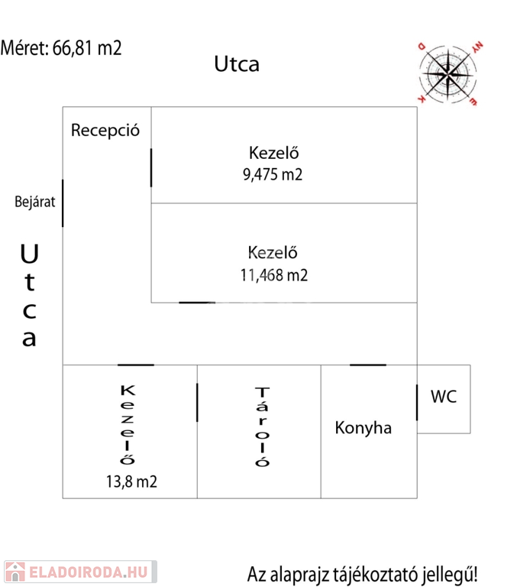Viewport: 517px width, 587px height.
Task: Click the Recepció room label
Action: pos(105,130)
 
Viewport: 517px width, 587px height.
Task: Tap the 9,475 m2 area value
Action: pos(272,174)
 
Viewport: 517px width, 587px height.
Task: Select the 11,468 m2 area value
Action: pos(273,275)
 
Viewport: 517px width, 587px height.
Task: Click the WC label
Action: pos(444,397)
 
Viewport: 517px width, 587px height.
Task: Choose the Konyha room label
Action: pos(363,428)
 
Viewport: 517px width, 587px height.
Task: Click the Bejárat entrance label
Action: pos(35,203)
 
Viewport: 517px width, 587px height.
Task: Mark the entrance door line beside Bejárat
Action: pos(63,203)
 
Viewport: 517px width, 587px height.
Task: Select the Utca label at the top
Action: pos(236,64)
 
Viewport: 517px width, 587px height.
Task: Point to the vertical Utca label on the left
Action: pos(29,295)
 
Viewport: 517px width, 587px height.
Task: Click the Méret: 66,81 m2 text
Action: pos(61,48)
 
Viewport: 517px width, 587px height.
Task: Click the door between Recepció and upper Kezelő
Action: pos(151,167)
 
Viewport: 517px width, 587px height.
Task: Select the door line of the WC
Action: pos(417,402)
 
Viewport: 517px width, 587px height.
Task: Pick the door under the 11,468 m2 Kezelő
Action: pos(198,303)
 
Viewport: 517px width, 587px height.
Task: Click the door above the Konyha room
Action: pos(368,365)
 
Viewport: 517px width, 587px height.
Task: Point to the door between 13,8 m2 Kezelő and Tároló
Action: pos(197,402)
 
